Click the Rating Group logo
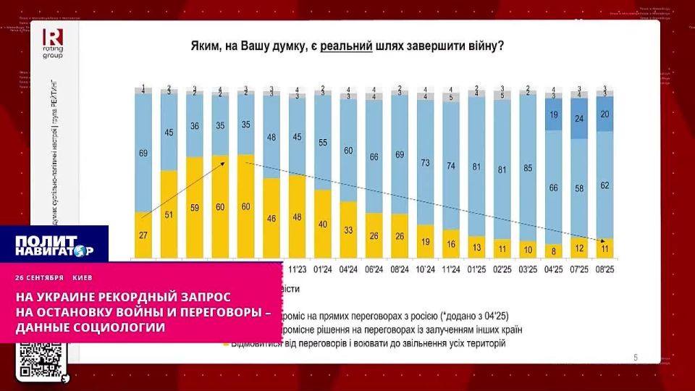tap(53, 43)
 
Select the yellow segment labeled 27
tap(143, 235)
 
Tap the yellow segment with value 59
tap(194, 207)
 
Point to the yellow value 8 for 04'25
tap(554, 251)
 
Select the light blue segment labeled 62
tap(605, 185)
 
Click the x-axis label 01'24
tap(322, 270)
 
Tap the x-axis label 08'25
tap(605, 270)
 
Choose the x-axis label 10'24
tap(425, 270)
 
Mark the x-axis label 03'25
tap(528, 270)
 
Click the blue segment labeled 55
tap(322, 143)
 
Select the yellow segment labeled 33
tap(348, 230)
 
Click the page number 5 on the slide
tap(636, 356)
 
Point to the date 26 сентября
tap(40, 277)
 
